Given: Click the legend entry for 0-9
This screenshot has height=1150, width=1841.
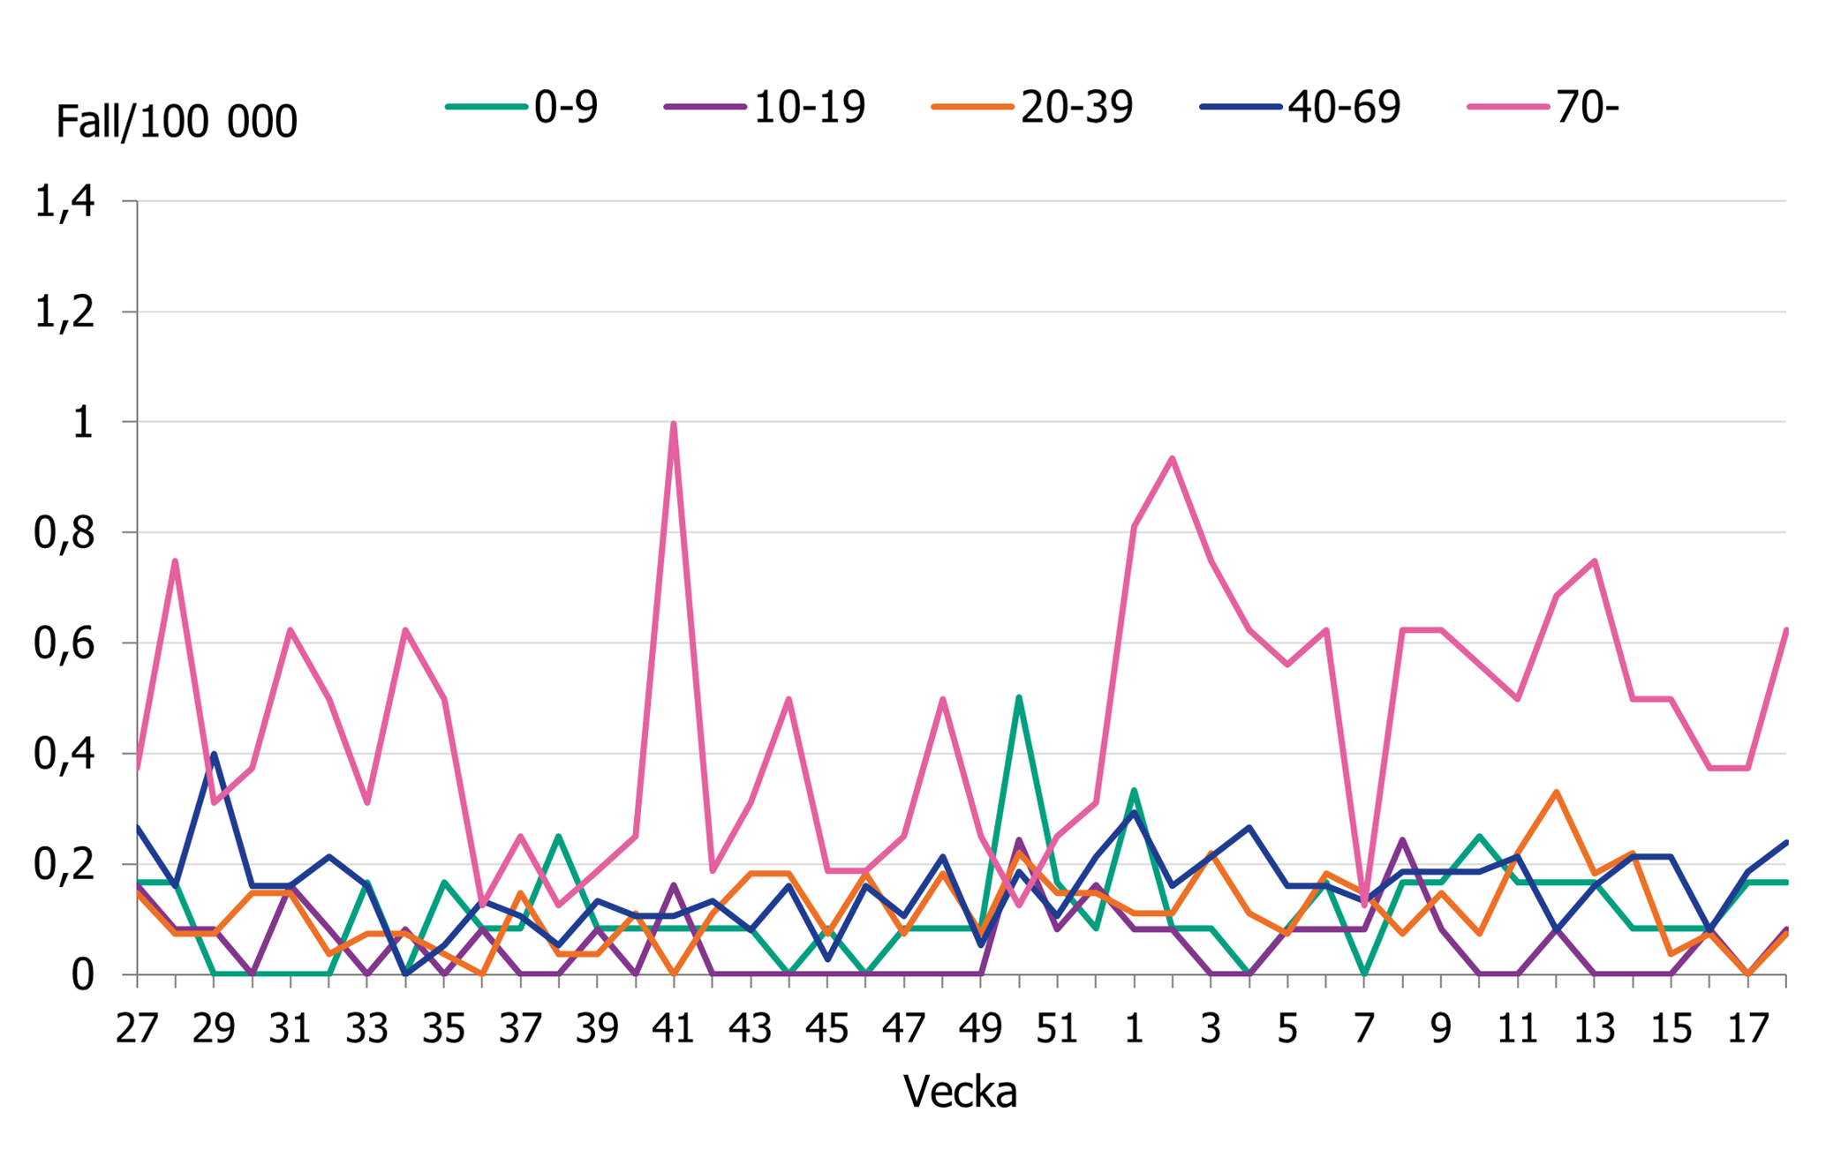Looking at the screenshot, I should tap(523, 107).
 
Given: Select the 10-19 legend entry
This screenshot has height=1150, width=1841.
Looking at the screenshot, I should tap(765, 107).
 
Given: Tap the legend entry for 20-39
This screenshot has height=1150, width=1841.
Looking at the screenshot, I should tap(1032, 107).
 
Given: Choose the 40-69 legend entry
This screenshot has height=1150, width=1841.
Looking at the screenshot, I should tap(1300, 107).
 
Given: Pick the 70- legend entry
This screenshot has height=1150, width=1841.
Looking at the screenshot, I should tap(1543, 107).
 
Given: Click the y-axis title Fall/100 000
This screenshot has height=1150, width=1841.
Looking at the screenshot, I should tap(177, 121).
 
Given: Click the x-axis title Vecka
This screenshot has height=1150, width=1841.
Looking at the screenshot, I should tap(960, 1092).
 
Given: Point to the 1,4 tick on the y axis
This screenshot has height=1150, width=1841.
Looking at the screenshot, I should tap(64, 202).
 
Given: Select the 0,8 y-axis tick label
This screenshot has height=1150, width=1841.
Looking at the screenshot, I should tap(64, 533).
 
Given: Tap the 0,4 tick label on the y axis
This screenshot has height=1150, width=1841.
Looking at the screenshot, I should tap(64, 755).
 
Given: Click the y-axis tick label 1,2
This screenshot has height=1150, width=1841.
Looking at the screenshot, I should tap(64, 312).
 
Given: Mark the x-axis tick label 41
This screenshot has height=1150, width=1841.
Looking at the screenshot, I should tap(674, 1029).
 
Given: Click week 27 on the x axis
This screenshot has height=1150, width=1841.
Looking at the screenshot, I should tap(137, 1029).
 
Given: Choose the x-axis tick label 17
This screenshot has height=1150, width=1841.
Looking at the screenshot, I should tap(1748, 1029).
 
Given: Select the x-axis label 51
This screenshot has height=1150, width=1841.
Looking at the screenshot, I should tap(1057, 1029).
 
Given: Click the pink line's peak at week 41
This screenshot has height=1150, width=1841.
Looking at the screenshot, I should tap(674, 424).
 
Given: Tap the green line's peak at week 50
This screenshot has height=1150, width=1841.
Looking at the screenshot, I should tap(1019, 698).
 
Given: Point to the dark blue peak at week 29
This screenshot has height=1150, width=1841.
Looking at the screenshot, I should tap(214, 755).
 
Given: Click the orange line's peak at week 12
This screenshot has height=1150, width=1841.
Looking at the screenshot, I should tap(1556, 792).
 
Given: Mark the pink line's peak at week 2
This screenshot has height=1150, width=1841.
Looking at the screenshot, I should tap(1173, 458).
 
